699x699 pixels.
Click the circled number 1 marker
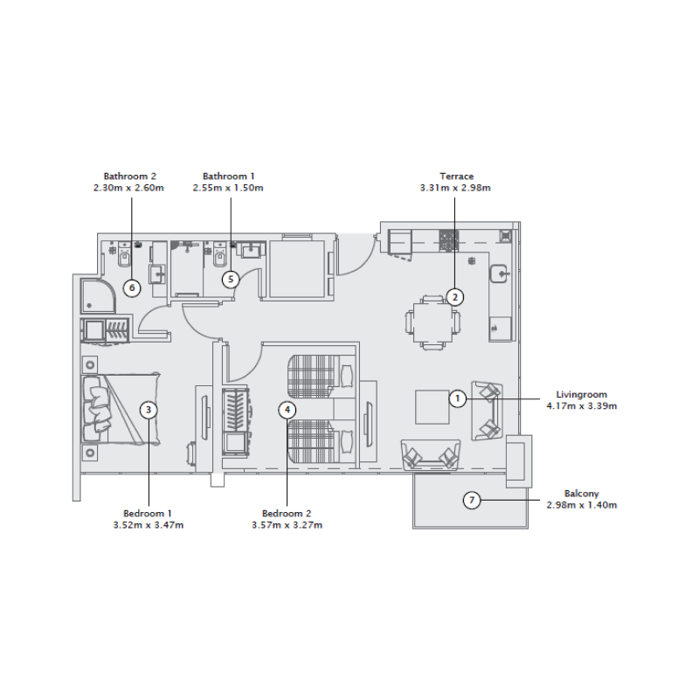pyautogui.click(x=456, y=398)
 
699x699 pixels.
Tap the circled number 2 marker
pyautogui.click(x=455, y=296)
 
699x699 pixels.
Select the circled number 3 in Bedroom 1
pyautogui.click(x=149, y=409)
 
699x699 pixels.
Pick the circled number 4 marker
pyautogui.click(x=288, y=409)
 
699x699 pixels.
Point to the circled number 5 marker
pyautogui.click(x=230, y=280)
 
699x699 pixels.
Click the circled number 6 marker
pyautogui.click(x=132, y=287)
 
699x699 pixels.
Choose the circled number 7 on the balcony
pyautogui.click(x=472, y=500)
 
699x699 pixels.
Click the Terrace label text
pyautogui.click(x=456, y=176)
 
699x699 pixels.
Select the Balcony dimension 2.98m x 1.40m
pyautogui.click(x=581, y=505)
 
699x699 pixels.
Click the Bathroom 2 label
pyautogui.click(x=129, y=176)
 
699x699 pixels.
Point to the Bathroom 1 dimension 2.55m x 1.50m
pyautogui.click(x=229, y=187)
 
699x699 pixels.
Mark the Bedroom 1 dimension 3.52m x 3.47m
pyautogui.click(x=149, y=525)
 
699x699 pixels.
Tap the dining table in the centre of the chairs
pyautogui.click(x=430, y=321)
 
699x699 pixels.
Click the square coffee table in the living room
pyautogui.click(x=433, y=407)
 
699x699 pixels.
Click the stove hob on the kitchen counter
pyautogui.click(x=449, y=240)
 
